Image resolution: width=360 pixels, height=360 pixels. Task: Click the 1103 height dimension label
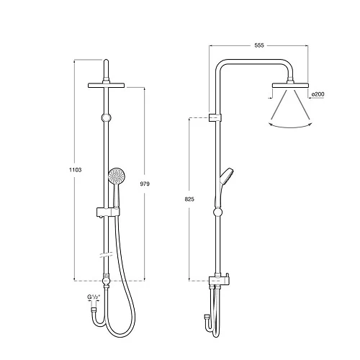click(76, 170)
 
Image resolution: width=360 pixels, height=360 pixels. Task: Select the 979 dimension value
click(145, 184)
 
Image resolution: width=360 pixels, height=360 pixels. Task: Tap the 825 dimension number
click(189, 199)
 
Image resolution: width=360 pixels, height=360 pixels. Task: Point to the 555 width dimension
click(259, 45)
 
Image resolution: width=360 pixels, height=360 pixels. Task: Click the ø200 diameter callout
click(318, 94)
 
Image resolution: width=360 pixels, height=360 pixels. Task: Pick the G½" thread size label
click(94, 297)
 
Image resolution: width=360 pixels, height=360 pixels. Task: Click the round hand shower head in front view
click(116, 176)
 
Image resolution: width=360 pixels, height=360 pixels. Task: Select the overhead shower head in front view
click(107, 85)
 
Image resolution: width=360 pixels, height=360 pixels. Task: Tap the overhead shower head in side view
click(290, 85)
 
